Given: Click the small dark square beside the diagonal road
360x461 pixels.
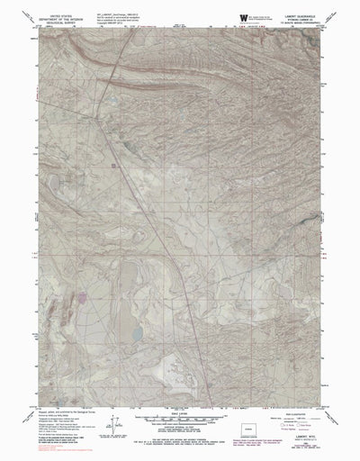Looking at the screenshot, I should coord(113,163).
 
